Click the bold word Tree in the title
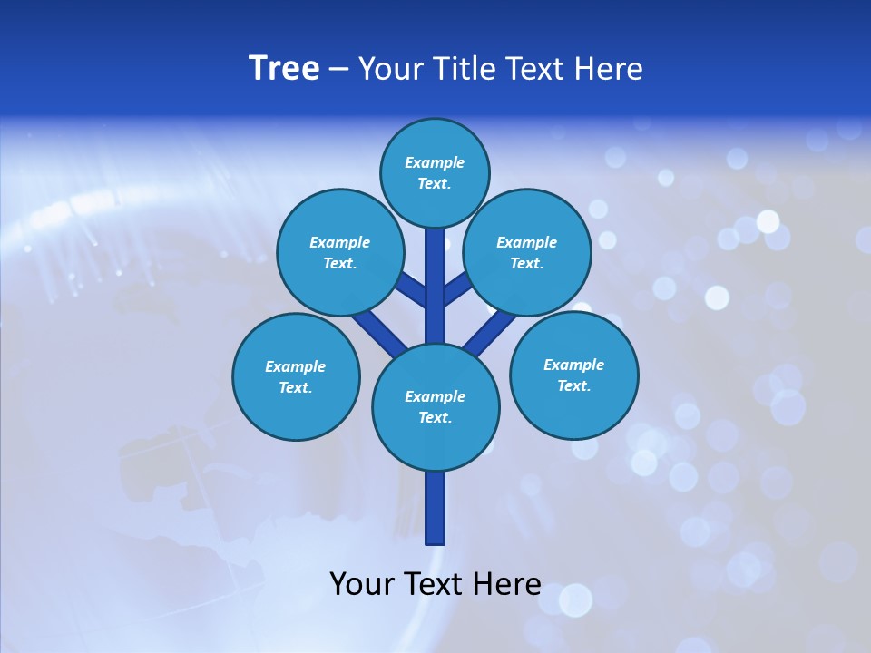point(284,69)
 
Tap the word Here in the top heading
point(608,69)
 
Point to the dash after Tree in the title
point(338,70)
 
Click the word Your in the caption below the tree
point(363,584)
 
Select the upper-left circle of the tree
point(339,252)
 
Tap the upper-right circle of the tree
point(526,252)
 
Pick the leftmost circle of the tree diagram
point(296,376)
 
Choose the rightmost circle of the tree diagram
point(573,375)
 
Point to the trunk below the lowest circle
point(435,508)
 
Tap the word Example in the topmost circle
point(435,162)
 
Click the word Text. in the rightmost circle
point(573,385)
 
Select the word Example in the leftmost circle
point(295,366)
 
